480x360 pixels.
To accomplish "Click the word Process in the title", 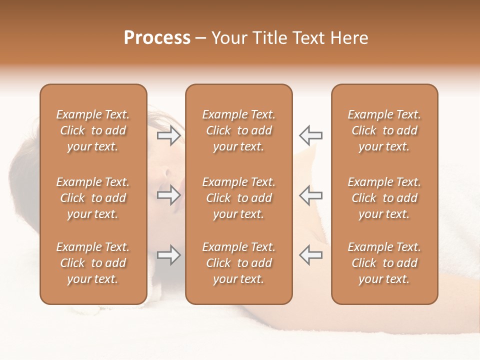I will click(x=157, y=38).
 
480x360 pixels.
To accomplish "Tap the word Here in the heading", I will click(x=349, y=38).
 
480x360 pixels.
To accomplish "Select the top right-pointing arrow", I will click(x=169, y=135).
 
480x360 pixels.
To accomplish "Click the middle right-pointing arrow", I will click(x=169, y=195).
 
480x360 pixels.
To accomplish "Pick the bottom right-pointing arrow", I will click(x=169, y=255).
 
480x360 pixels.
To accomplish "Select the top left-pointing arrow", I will click(x=310, y=135).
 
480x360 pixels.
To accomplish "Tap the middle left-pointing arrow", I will click(x=310, y=195).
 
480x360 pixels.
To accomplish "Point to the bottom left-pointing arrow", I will click(x=310, y=255).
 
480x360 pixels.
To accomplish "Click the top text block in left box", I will click(x=93, y=130).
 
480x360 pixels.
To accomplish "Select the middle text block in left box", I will click(x=93, y=198).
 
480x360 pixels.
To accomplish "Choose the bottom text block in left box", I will click(x=93, y=263).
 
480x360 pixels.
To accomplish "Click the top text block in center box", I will click(x=238, y=130).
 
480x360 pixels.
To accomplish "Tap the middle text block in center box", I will click(x=238, y=198).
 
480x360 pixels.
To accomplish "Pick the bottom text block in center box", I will click(x=238, y=263).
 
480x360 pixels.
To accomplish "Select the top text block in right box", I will click(x=384, y=130).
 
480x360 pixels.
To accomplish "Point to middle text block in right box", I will click(x=384, y=198).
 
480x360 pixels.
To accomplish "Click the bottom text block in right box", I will click(x=384, y=263).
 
